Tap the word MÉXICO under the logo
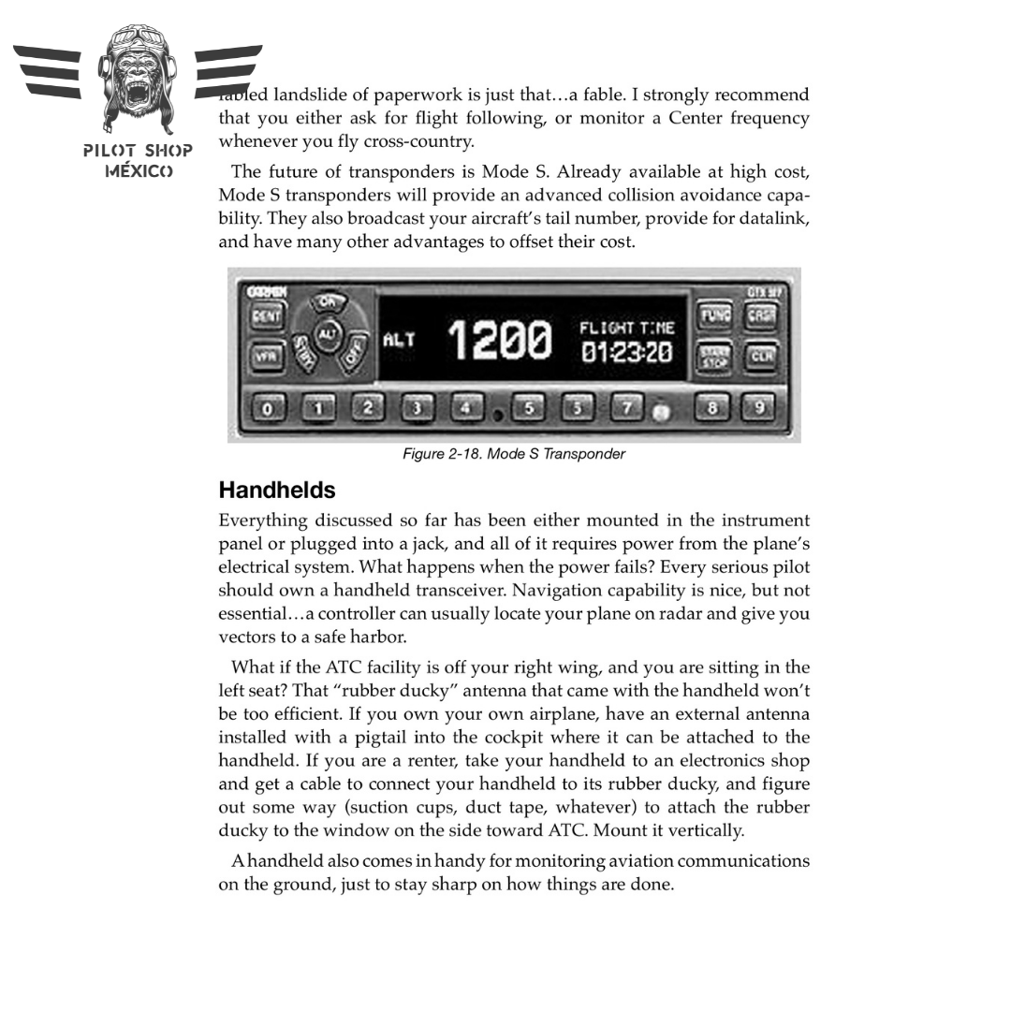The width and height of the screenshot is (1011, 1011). click(139, 171)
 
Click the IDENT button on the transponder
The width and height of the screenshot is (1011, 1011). click(267, 316)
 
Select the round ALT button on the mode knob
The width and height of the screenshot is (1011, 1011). click(326, 334)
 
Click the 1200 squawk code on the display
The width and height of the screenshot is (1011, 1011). click(500, 340)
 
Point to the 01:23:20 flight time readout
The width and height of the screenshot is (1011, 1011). click(626, 353)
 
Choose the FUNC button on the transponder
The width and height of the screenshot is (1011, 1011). click(716, 316)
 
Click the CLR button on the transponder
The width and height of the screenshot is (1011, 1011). click(762, 357)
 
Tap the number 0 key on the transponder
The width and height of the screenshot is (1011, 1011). click(269, 408)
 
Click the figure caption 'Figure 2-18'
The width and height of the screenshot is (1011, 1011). click(513, 454)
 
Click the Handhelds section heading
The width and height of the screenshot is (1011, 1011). click(277, 490)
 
